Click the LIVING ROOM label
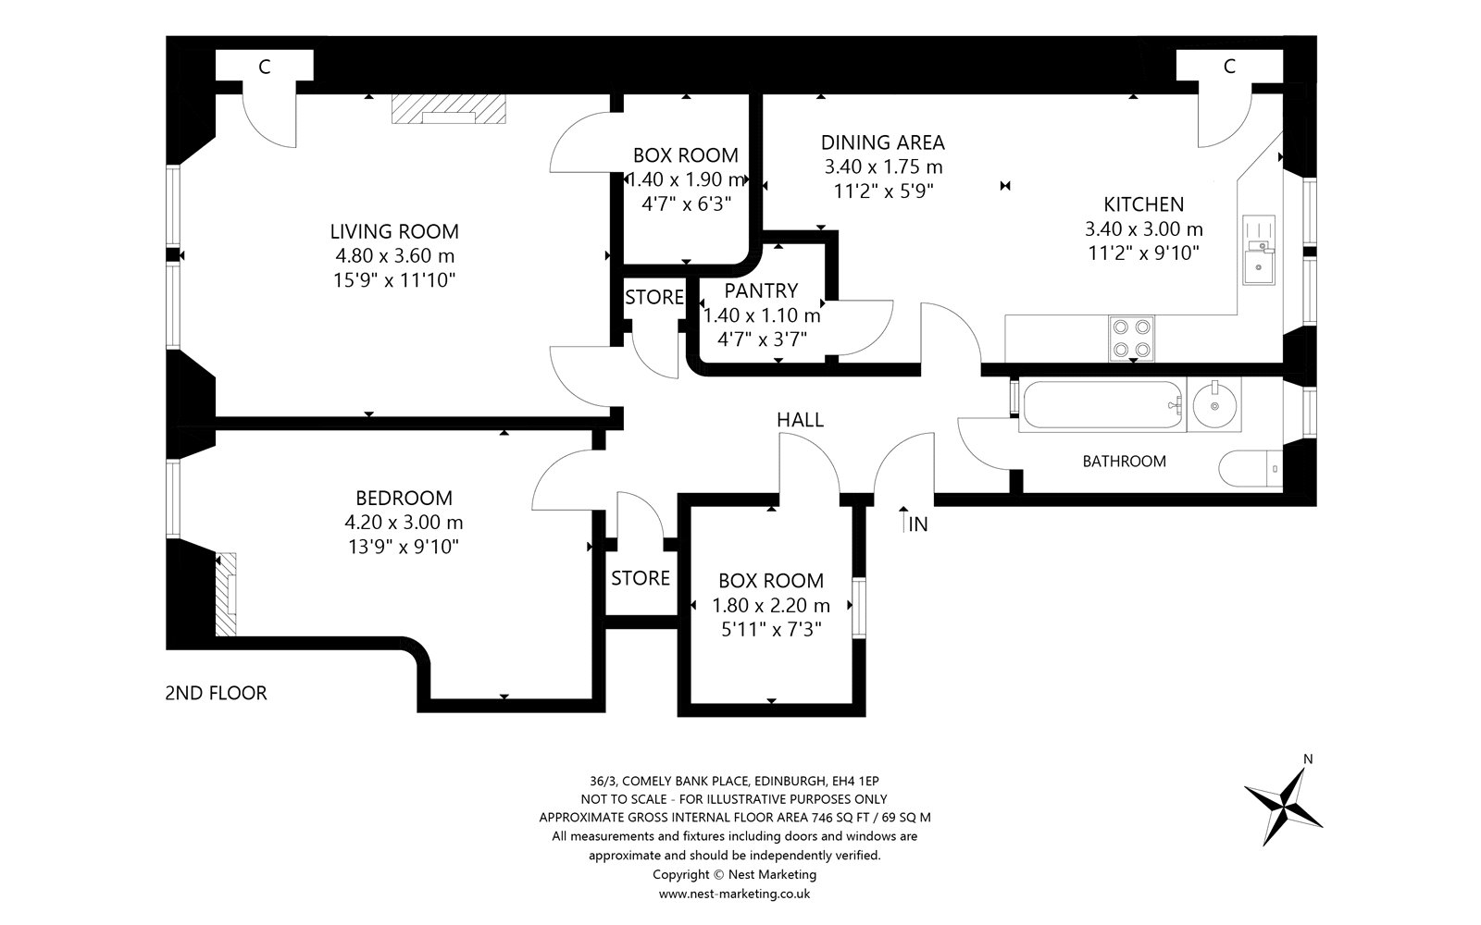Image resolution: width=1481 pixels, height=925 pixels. [394, 231]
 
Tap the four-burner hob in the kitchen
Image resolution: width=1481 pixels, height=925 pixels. [1131, 339]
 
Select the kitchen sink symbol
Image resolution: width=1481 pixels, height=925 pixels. [1258, 250]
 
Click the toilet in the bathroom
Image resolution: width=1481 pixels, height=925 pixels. [1250, 468]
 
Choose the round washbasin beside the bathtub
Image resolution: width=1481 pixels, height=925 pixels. [1215, 404]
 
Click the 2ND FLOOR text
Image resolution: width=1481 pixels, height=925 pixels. [216, 693]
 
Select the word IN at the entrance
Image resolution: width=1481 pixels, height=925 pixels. [918, 524]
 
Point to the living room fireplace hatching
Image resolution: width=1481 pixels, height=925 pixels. [449, 109]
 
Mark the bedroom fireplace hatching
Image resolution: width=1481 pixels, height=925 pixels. [226, 595]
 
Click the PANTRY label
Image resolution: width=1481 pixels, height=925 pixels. [761, 290]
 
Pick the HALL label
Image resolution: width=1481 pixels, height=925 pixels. [800, 420]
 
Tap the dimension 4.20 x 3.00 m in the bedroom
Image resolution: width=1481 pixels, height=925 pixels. [404, 523]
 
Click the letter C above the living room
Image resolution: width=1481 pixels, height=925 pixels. [265, 67]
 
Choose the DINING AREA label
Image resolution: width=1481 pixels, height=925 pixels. [883, 142]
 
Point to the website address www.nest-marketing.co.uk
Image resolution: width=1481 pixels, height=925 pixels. [735, 894]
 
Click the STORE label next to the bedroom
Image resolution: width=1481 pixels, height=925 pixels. [640, 579]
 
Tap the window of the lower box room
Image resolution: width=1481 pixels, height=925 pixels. [859, 608]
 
